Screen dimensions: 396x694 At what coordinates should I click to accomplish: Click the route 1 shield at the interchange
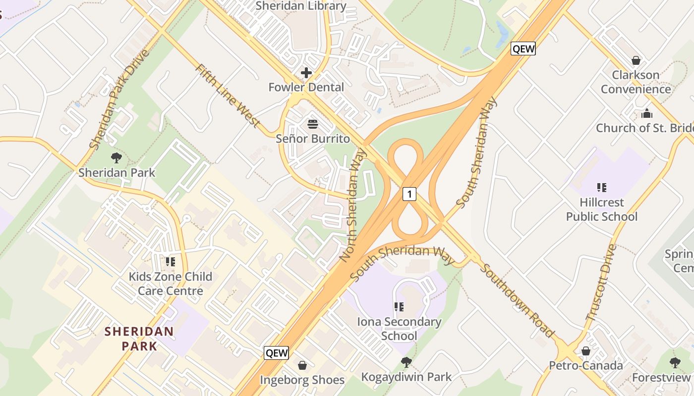[409, 194]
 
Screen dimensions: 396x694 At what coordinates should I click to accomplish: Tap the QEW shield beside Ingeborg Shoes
[276, 353]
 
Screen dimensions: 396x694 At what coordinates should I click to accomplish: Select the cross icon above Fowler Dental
[306, 73]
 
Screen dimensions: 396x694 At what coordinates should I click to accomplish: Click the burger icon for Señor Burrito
[313, 124]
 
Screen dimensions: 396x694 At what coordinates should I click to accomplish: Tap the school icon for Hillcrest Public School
[602, 188]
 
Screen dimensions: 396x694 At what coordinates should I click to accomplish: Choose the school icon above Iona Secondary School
[400, 307]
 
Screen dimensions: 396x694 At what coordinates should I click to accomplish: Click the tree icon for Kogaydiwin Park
[406, 362]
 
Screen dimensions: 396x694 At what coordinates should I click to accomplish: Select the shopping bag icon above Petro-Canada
[585, 351]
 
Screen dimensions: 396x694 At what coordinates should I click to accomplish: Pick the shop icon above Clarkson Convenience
[636, 60]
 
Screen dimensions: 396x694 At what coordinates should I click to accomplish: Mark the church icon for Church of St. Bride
[647, 114]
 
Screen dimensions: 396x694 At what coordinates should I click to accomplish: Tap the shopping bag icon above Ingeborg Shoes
[302, 365]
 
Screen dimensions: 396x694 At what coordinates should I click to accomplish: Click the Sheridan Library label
[301, 6]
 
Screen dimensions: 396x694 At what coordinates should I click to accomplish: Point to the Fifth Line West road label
[228, 96]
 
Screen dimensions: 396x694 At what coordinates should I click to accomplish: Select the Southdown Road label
[517, 300]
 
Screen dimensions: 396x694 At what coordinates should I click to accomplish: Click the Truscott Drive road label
[601, 282]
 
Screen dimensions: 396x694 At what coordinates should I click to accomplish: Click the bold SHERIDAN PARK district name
[139, 339]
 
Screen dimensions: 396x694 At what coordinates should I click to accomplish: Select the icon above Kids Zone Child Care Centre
[171, 261]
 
